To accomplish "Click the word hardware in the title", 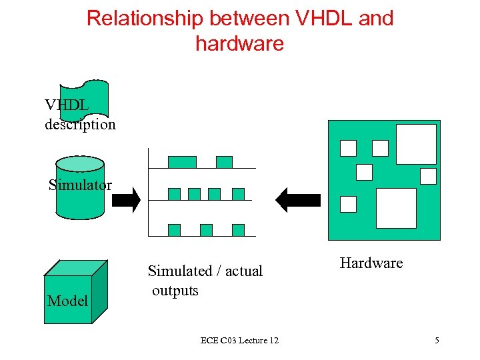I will pyautogui.click(x=239, y=43).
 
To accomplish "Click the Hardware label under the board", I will pyautogui.click(x=371, y=263).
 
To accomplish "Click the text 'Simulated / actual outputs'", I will pyautogui.click(x=205, y=280).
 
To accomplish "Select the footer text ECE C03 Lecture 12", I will pyautogui.click(x=239, y=341).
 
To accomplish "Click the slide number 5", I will pyautogui.click(x=437, y=341).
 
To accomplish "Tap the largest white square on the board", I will pyautogui.click(x=396, y=208).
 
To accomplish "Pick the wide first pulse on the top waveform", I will pyautogui.click(x=182, y=162).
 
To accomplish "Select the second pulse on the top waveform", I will pyautogui.click(x=225, y=162).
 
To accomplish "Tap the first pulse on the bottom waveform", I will pyautogui.click(x=174, y=230).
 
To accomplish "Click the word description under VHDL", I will pyautogui.click(x=80, y=124).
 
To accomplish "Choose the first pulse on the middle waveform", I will pyautogui.click(x=174, y=194).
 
